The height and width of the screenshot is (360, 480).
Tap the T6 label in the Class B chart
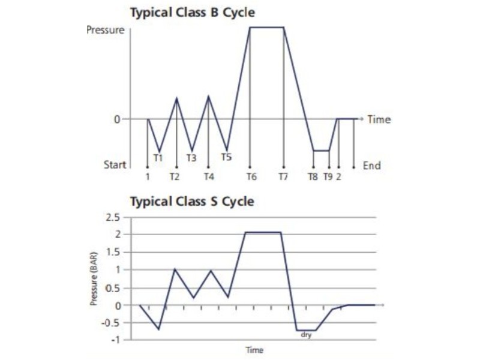tap(251, 177)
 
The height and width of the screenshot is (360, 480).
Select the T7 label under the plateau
tap(284, 177)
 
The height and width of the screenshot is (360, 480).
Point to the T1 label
tap(158, 158)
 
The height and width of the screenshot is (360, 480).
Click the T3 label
tap(191, 158)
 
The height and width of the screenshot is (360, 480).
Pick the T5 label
tap(226, 157)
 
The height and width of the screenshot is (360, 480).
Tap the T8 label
tap(313, 177)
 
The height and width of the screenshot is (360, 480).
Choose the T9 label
tap(328, 177)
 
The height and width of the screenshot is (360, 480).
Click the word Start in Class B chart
tap(115, 165)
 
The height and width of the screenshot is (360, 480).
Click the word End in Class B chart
tap(371, 165)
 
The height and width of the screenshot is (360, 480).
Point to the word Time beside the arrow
tap(379, 119)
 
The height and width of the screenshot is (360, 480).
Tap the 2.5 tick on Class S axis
tap(113, 217)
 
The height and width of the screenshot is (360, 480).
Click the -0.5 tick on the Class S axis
tap(112, 323)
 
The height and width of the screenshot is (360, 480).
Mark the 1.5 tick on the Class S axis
tap(113, 252)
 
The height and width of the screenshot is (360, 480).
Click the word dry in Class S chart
tap(307, 336)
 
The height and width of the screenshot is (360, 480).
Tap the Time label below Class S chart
tap(254, 349)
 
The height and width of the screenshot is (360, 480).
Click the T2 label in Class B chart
tap(174, 177)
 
